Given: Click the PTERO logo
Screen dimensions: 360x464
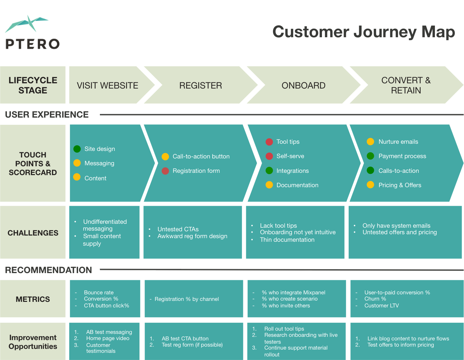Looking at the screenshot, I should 32,29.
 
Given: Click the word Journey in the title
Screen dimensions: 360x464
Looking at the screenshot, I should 385,32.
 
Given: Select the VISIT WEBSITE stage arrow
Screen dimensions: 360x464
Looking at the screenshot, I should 107,86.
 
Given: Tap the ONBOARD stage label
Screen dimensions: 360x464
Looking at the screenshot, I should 303,86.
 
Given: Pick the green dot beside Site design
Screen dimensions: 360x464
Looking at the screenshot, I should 77,149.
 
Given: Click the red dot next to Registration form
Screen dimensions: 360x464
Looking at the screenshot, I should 165,171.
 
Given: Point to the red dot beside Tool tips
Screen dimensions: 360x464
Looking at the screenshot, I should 269,142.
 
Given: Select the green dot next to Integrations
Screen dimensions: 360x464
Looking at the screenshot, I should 269,171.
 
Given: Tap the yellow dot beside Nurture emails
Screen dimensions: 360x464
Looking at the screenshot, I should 370,142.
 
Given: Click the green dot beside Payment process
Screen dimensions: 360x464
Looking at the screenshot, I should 370,156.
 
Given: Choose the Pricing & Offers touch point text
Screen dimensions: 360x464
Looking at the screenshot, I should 400,185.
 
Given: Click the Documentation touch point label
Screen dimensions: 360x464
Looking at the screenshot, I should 297,185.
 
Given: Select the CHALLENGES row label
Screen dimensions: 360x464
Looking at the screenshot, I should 33,233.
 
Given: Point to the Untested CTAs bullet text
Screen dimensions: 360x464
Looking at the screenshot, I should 178,229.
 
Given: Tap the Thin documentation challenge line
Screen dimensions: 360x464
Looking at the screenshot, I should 287,240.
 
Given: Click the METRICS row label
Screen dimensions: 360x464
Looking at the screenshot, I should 33,299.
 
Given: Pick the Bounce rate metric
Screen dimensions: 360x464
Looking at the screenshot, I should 99,293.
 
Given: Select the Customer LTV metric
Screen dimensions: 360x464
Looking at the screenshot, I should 381,306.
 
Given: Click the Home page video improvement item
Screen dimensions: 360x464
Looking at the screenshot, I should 108,338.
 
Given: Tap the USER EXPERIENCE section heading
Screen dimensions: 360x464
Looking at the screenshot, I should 47,115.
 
